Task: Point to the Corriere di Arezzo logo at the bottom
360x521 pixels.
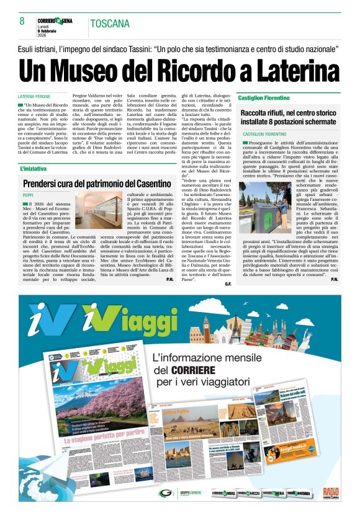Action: (244, 494)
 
